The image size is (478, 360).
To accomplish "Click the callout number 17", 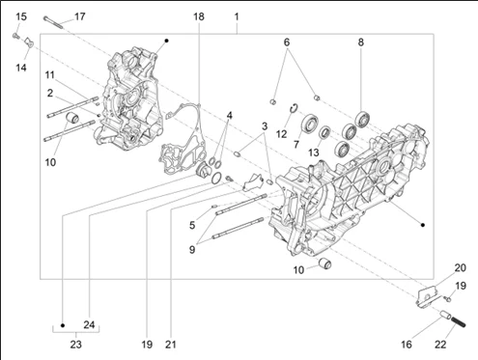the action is coord(80,16).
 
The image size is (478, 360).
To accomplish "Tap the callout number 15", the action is coord(21,16).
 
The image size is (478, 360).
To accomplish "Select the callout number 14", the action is coord(21,68).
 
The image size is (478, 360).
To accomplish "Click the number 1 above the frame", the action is coord(237,16).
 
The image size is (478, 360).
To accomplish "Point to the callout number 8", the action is coord(361,42).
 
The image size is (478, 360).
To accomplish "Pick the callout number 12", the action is coord(281,134).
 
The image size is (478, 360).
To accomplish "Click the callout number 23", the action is coord(76,345).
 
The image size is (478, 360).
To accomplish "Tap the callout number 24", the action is coord(89,325).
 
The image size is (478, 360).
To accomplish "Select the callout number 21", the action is coord(171,345).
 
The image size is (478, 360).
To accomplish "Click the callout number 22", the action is coord(440,345).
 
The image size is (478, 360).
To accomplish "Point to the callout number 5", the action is coord(192,225).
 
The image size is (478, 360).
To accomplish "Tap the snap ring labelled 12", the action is coord(294,108).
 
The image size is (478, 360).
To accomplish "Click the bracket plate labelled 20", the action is coord(427,297).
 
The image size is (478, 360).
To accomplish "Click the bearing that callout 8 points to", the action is coord(362,119).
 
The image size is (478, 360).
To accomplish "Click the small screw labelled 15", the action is coord(15,37).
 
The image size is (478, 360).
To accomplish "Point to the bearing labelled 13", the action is coord(324,132).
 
